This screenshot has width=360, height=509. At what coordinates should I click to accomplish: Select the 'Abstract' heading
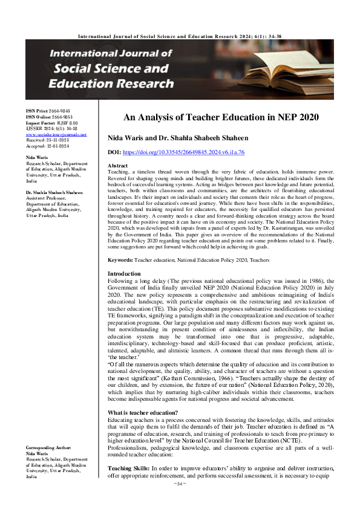[117, 166]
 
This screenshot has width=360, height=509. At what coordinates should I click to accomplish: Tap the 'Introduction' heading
[123, 274]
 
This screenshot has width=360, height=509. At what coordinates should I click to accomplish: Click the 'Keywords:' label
[120, 259]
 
